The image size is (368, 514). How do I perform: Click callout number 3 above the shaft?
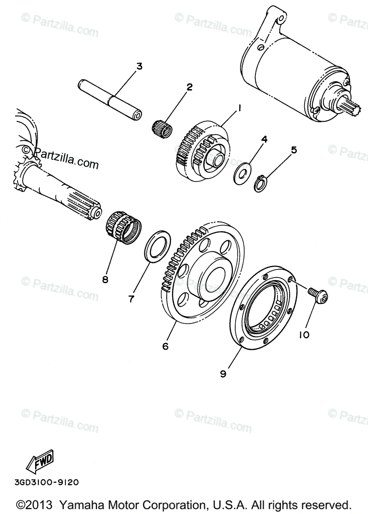pos(139,67)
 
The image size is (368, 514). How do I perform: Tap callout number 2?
pos(189,87)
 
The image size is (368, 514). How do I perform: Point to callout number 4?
pos(264,139)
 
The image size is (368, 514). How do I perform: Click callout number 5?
pos(293,150)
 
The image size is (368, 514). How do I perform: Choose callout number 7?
pos(132,298)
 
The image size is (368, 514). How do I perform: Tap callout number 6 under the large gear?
pos(165,346)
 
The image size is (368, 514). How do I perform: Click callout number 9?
pos(223,374)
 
